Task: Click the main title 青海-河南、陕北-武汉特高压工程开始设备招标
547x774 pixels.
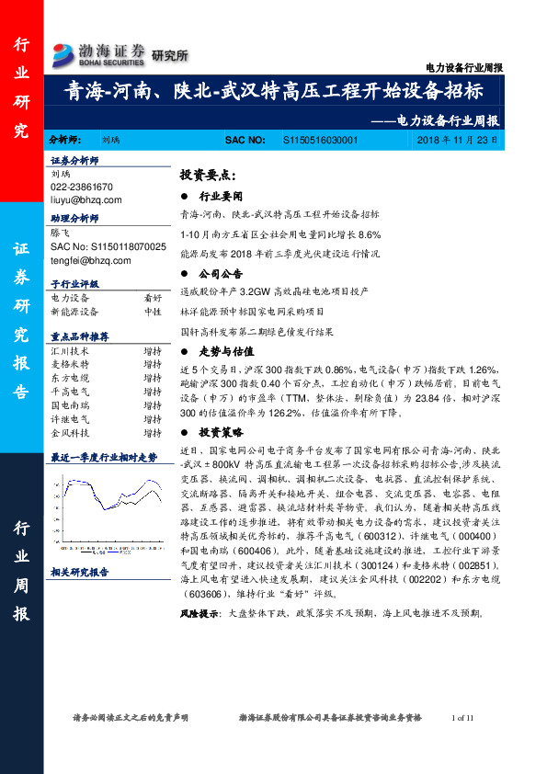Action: [273, 93]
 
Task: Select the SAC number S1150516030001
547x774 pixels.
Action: [315, 139]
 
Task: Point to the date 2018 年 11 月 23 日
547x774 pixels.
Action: [456, 139]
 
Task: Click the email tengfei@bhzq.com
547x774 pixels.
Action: [89, 260]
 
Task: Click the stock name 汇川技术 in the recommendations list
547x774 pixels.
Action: [70, 351]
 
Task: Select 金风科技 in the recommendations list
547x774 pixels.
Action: [70, 432]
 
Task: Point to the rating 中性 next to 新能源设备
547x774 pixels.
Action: [153, 312]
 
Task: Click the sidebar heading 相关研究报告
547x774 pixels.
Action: [80, 572]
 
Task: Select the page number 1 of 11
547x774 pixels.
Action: [462, 717]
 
